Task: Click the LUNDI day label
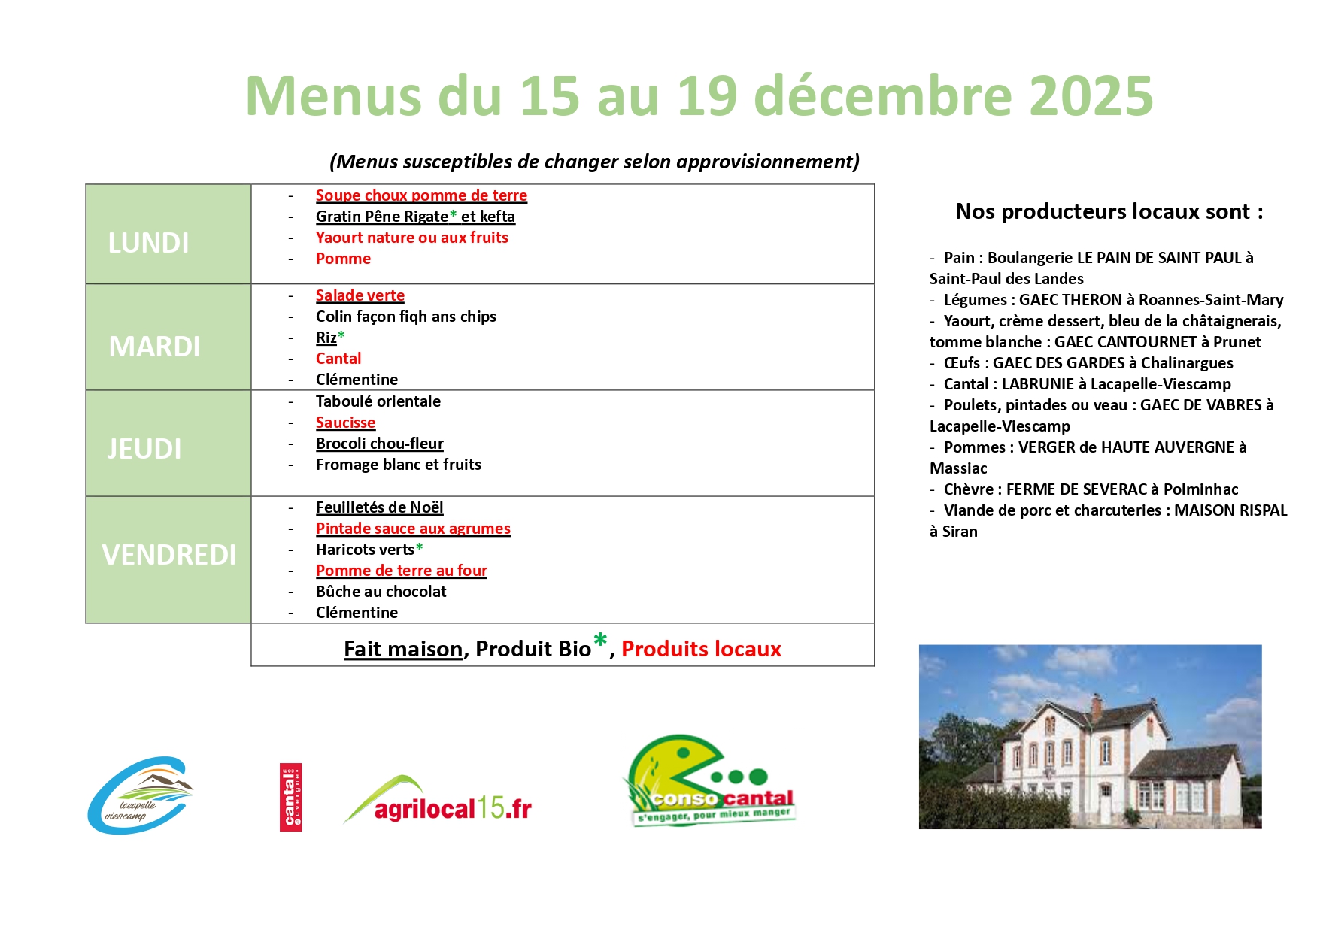coord(148,243)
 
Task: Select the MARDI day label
coord(154,347)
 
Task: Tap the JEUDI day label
coord(144,449)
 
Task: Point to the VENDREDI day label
coord(169,555)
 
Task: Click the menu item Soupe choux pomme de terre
coord(421,195)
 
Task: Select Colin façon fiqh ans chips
coord(406,317)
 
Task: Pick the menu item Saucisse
coord(345,423)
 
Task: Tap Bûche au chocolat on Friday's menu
coord(381,592)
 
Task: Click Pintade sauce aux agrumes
coord(413,529)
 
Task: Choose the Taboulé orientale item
coord(378,401)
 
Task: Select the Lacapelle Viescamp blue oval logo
coord(140,795)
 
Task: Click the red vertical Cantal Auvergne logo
coord(290,797)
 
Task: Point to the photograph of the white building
coord(1090,737)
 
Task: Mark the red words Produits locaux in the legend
coord(701,649)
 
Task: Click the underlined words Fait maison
coord(403,649)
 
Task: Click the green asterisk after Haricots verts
coord(420,547)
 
